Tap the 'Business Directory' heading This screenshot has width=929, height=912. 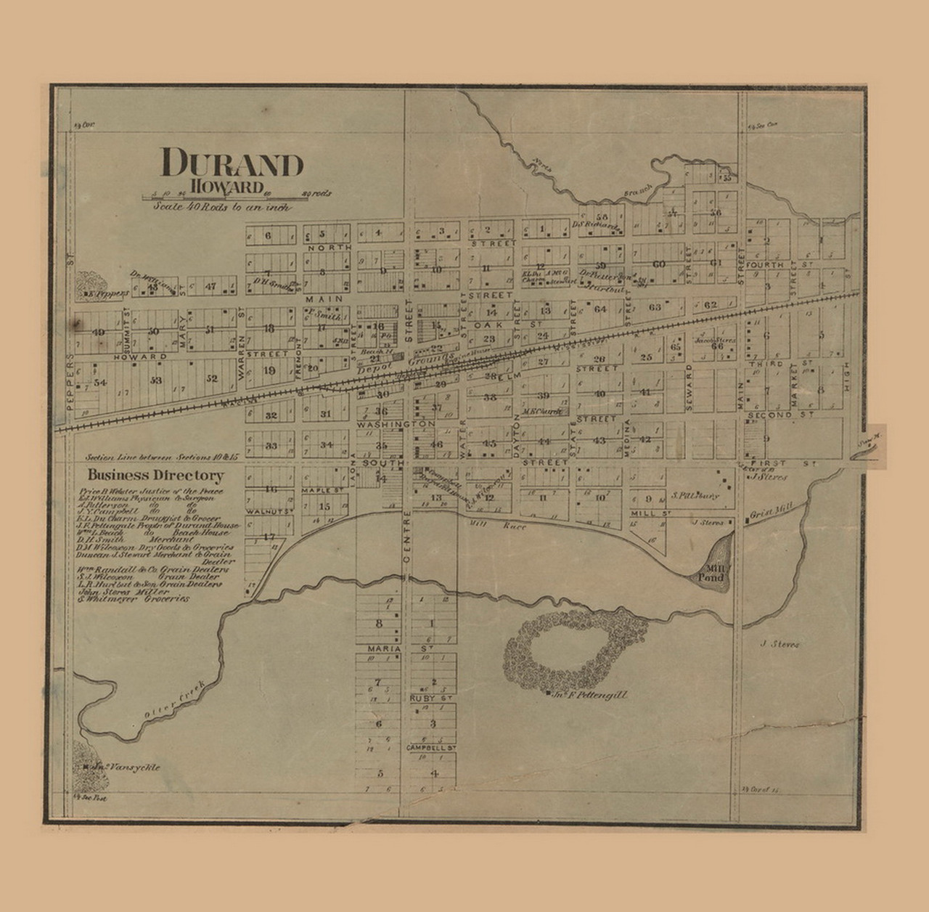tap(155, 476)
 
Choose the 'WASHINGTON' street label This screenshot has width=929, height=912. tap(394, 423)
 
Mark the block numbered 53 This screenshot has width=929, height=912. tap(155, 380)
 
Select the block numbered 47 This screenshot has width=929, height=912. tap(210, 286)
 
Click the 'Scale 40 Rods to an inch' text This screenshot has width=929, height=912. tap(222, 206)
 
